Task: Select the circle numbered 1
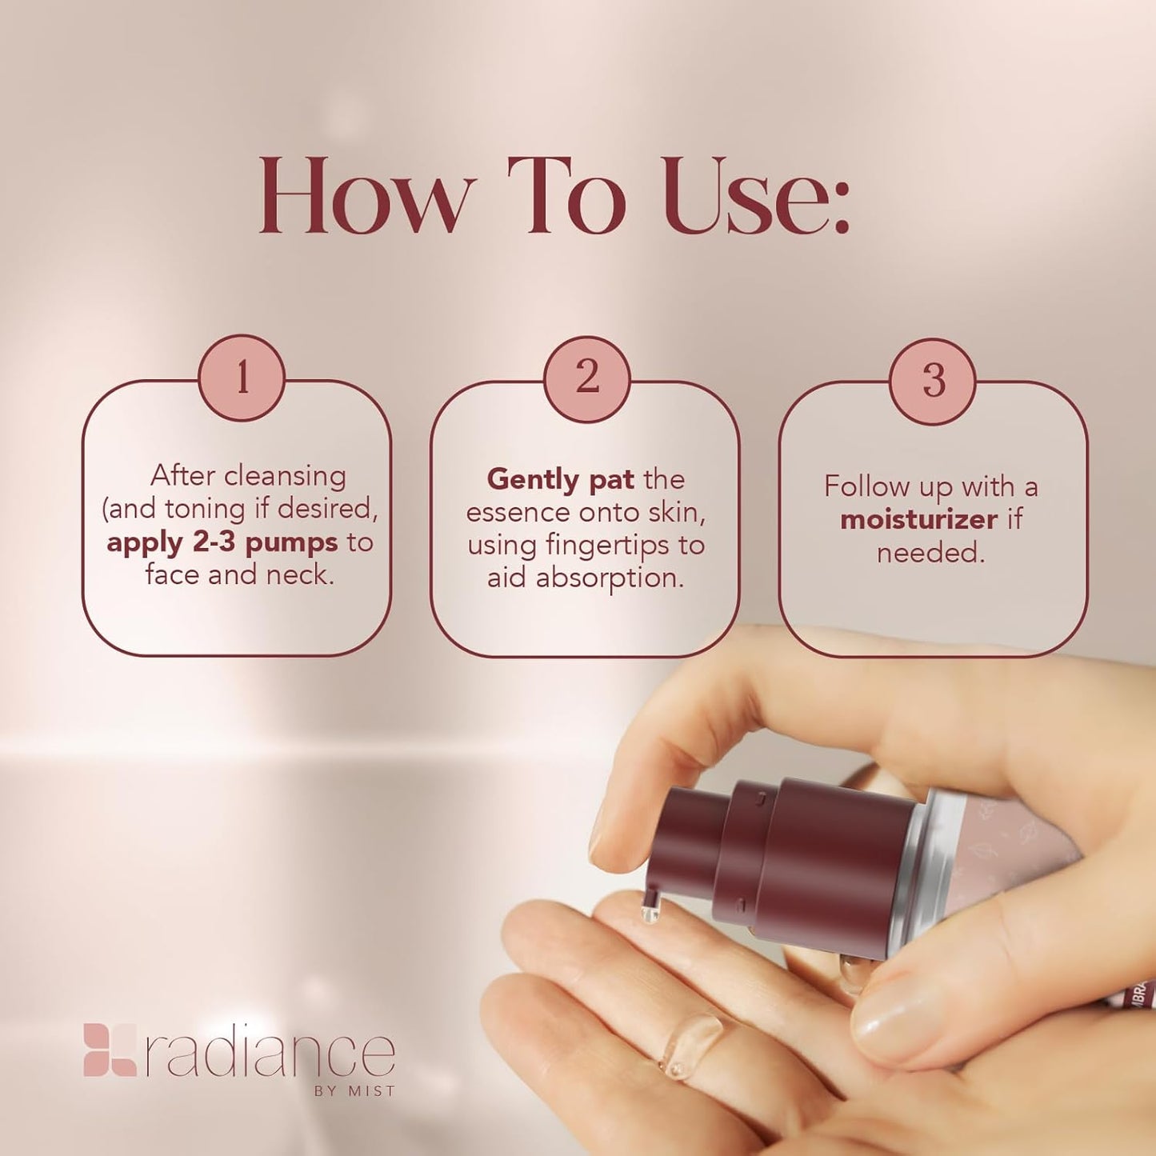pyautogui.click(x=242, y=378)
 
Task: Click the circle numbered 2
pyautogui.click(x=586, y=378)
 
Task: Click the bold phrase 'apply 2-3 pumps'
pyautogui.click(x=222, y=542)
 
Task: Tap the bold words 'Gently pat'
pyautogui.click(x=560, y=479)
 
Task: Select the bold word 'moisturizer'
pyautogui.click(x=918, y=520)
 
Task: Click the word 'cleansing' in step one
pyautogui.click(x=286, y=476)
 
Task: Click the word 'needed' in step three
pyautogui.click(x=929, y=553)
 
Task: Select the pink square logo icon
pyautogui.click(x=110, y=1050)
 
